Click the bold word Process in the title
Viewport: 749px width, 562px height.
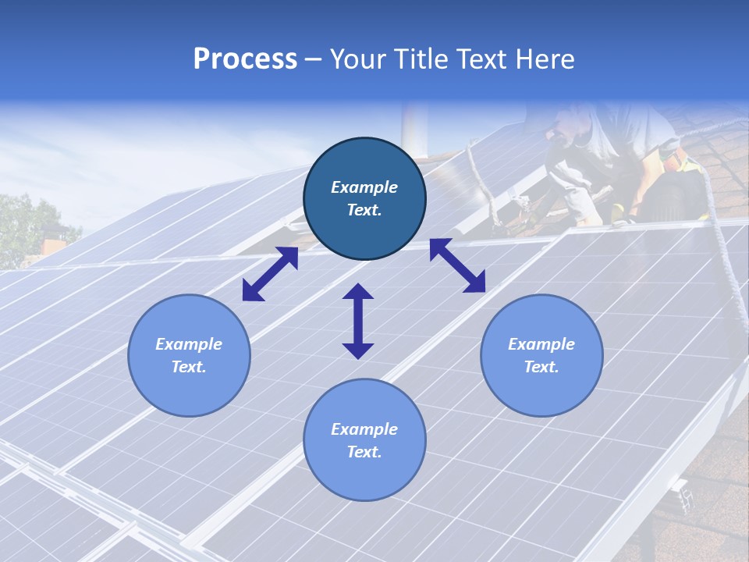pos(245,59)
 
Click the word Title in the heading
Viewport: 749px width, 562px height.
pos(418,59)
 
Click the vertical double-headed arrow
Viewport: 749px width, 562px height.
pos(358,321)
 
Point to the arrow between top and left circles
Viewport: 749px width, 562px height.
pos(270,274)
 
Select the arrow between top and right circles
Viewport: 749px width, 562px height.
pos(457,265)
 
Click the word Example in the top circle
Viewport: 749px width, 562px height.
pos(364,187)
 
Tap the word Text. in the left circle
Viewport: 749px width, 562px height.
pos(189,367)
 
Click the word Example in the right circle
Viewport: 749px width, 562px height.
pos(541,344)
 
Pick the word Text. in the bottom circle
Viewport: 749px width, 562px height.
pos(364,452)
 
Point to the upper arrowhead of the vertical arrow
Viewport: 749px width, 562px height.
pos(358,293)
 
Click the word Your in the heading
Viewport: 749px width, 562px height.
pos(356,59)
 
